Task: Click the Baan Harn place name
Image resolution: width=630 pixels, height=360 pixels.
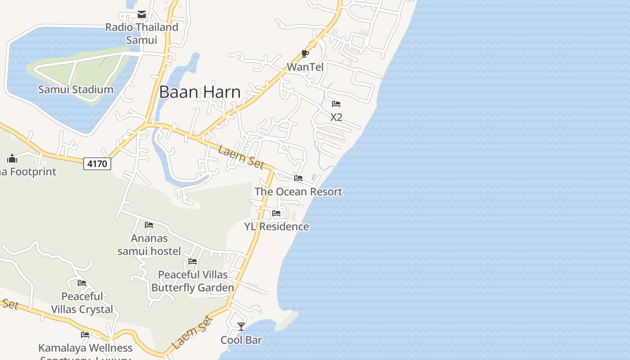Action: pos(200,92)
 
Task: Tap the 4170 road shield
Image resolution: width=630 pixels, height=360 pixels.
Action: pos(97,163)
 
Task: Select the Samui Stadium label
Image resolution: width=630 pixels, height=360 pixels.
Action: pos(76,89)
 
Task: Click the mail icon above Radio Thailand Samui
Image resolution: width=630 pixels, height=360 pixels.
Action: pos(142,14)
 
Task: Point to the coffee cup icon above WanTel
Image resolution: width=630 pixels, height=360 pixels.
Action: pos(305,54)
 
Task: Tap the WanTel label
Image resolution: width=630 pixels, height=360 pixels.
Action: pos(305,67)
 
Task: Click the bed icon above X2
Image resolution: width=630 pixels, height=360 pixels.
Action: pos(336,104)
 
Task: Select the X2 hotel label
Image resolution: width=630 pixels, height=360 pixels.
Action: pos(336,117)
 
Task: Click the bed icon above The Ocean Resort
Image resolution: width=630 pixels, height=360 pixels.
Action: pos(298,178)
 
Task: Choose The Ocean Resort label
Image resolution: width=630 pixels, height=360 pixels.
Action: pos(298,191)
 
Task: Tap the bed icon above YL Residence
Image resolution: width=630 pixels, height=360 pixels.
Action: pos(276,213)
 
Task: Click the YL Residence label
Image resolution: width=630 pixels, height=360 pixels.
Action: pos(276,226)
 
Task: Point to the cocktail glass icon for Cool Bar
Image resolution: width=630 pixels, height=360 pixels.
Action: pos(241,326)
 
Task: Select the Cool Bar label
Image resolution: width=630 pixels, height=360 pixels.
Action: pos(241,340)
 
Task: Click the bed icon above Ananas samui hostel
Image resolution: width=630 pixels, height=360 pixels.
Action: pos(149,225)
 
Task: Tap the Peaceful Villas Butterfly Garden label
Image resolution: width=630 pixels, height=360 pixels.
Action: pos(193,281)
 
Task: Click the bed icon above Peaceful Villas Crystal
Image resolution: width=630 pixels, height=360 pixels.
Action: pos(82,283)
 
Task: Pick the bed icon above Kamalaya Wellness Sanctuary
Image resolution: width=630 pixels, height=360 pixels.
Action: pos(85,334)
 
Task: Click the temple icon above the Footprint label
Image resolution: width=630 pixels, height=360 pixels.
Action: pos(12,158)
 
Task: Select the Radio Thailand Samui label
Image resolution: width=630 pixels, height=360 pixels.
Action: pos(142,33)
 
